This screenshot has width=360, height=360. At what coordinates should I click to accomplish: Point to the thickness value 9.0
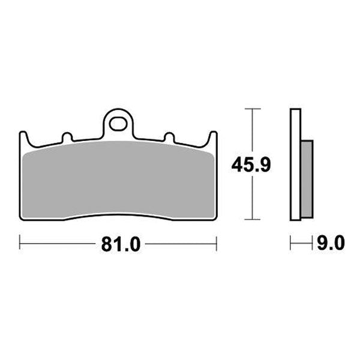(329, 244)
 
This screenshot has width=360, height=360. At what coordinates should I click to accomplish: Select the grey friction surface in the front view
(118, 180)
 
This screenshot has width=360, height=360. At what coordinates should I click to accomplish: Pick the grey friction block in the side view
(305, 178)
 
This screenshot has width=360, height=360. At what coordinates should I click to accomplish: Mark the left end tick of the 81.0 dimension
(20, 244)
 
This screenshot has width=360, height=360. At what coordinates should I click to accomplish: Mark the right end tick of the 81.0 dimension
(216, 244)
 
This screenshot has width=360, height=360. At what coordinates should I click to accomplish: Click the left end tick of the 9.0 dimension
(291, 244)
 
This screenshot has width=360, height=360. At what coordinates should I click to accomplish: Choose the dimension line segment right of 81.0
(180, 244)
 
